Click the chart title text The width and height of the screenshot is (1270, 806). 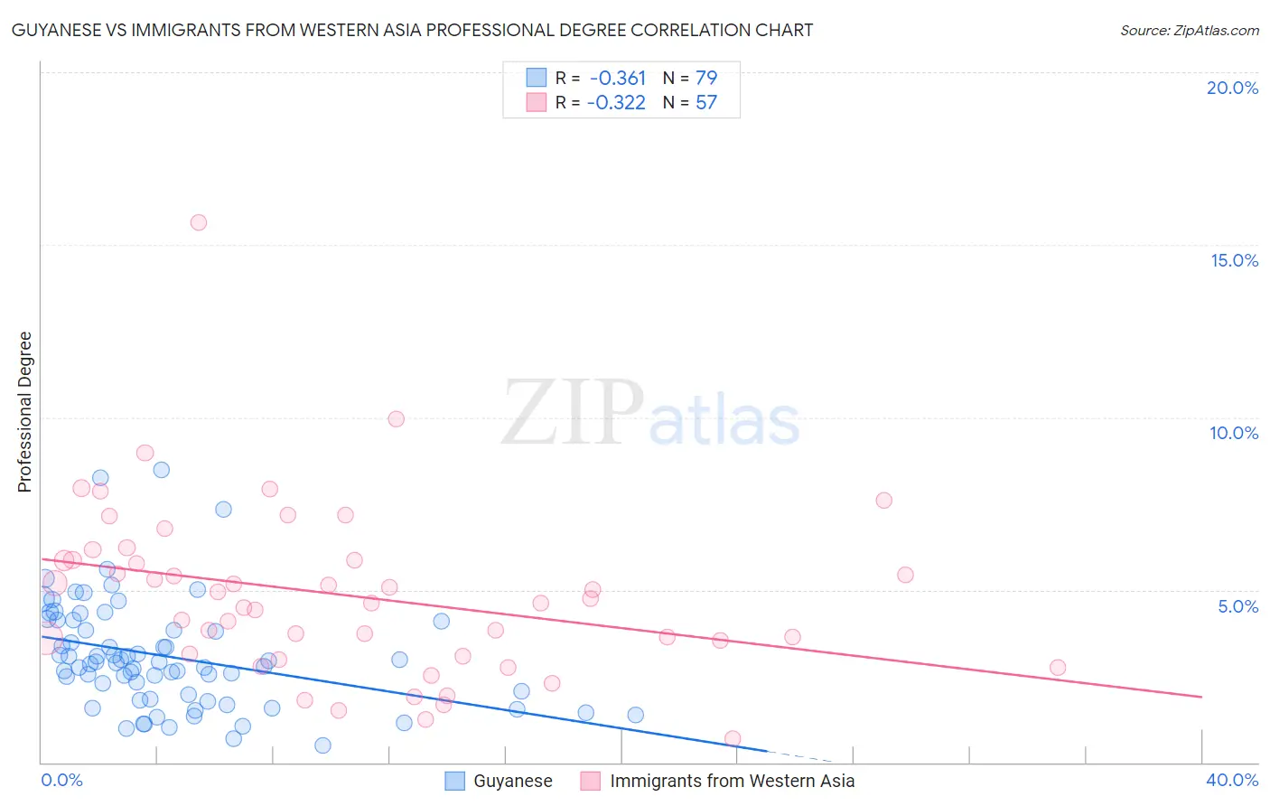(412, 30)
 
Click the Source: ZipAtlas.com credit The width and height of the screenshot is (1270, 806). (1189, 30)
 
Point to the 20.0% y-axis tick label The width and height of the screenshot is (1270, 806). (1232, 88)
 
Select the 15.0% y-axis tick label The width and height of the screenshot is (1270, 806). (1234, 260)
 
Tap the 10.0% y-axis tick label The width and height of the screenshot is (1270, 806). (1234, 433)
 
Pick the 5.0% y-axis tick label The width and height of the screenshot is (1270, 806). (1237, 606)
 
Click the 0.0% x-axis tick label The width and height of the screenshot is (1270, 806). (61, 780)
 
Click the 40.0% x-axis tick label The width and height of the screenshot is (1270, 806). (1231, 780)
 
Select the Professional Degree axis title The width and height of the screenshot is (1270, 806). (24, 412)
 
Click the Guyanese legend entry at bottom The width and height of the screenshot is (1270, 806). (512, 781)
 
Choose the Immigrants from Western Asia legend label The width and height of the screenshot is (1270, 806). (732, 781)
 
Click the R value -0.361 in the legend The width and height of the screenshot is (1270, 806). (618, 78)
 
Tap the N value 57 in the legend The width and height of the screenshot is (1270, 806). (706, 103)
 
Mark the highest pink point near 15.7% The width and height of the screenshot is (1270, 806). (199, 222)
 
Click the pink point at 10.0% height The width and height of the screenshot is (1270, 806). (396, 419)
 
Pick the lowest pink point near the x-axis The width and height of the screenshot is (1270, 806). (733, 738)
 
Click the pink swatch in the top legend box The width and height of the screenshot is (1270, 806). (537, 102)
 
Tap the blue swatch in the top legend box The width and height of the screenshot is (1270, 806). (537, 78)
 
